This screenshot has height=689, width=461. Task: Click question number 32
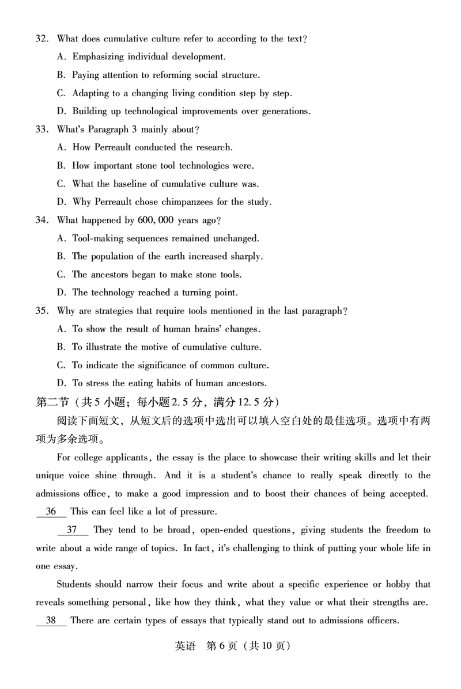[41, 39]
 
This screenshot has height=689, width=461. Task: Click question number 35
[41, 311]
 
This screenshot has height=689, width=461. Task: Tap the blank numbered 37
[72, 530]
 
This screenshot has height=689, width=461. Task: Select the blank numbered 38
[51, 621]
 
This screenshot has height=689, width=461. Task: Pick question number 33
[41, 130]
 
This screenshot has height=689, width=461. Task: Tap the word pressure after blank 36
[198, 512]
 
